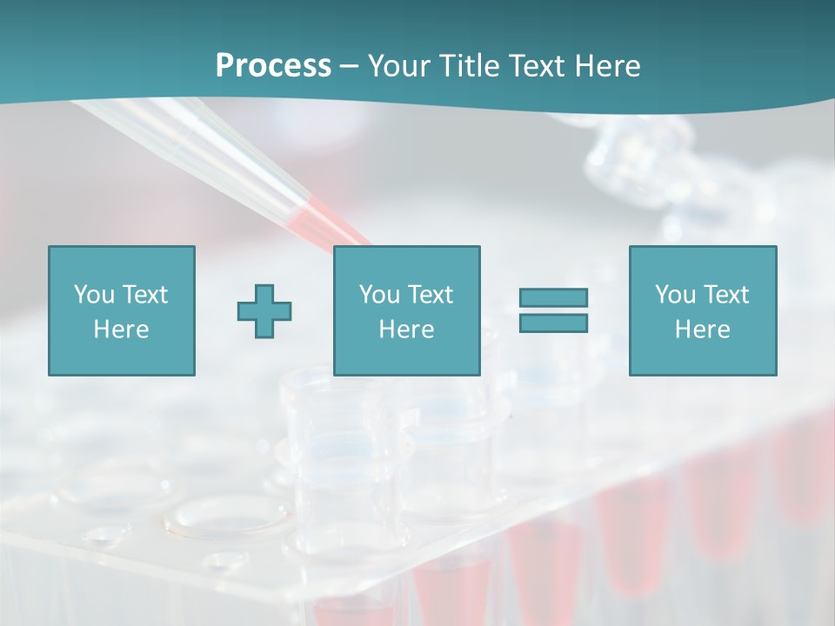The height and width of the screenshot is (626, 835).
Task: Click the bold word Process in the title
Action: click(273, 66)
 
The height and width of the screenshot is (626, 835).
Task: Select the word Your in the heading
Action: click(401, 66)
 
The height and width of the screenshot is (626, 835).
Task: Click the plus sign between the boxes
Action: click(264, 311)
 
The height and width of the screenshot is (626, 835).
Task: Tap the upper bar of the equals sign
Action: click(553, 297)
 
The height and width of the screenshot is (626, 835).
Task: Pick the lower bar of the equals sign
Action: click(553, 323)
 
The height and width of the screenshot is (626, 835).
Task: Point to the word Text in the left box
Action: click(145, 295)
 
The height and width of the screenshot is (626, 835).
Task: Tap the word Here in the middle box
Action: click(406, 330)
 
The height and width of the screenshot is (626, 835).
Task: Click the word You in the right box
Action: click(676, 295)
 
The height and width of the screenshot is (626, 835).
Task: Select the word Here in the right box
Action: click(702, 330)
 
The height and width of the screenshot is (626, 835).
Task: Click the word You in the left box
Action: click(94, 295)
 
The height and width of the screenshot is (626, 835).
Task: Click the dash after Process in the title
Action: click(350, 67)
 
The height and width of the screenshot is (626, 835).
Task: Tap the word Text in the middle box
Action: click(431, 295)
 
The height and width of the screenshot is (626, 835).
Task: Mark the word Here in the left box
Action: click(121, 330)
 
